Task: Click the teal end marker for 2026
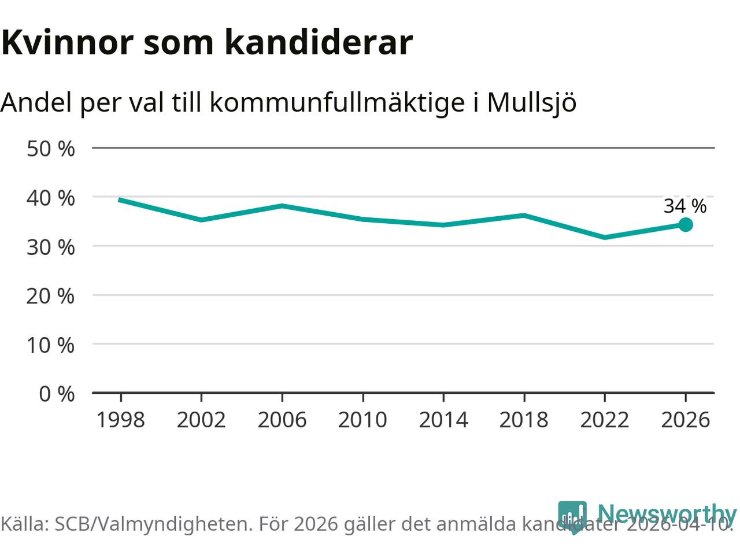685,224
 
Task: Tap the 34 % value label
684,206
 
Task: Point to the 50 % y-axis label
51,149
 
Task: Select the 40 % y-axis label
51,198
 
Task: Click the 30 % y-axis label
51,247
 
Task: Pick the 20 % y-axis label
51,296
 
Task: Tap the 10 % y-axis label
51,345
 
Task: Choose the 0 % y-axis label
57,394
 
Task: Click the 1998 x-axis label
120,419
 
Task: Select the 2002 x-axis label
201,419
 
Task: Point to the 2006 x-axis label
282,419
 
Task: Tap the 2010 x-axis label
362,419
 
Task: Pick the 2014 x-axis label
443,419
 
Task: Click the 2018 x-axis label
524,419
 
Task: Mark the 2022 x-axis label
604,419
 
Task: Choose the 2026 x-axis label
685,419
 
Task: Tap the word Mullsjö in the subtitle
531,103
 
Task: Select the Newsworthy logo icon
572,516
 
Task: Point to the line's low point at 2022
604,237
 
